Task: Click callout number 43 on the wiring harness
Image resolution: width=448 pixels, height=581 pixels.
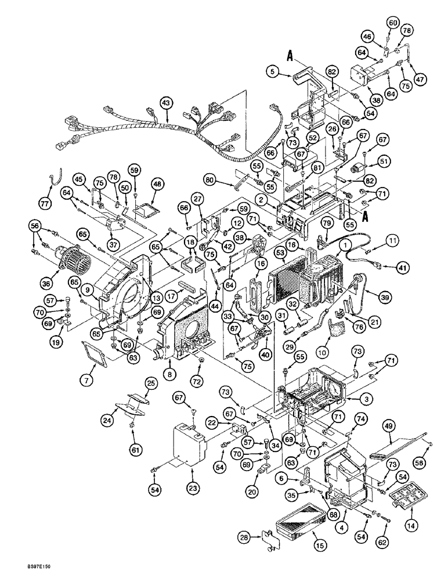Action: [167, 102]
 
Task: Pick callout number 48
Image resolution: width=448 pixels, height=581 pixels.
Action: [156, 184]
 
